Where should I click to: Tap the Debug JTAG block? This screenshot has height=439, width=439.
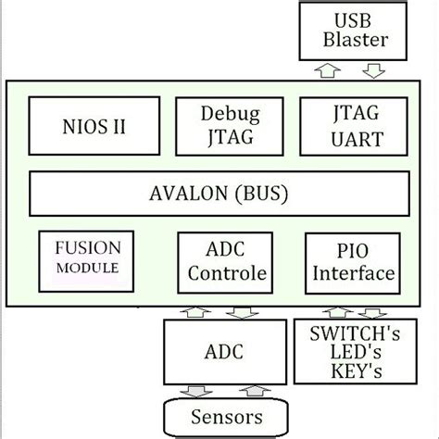[229, 125]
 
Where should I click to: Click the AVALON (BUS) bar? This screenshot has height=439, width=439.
[219, 194]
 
